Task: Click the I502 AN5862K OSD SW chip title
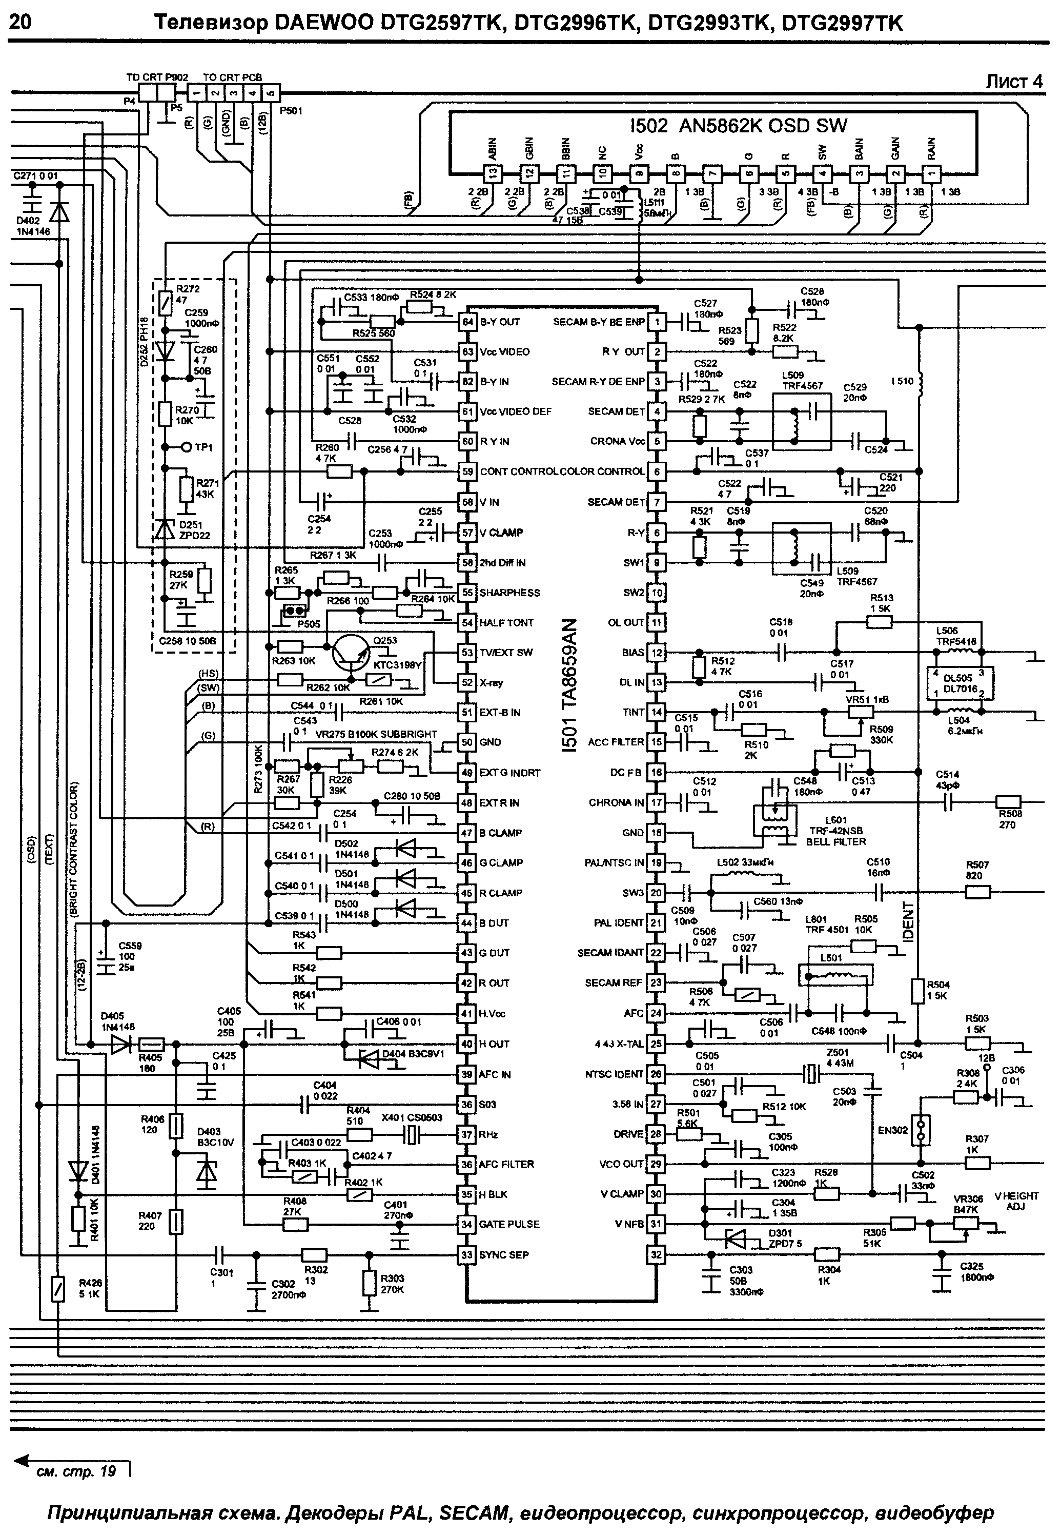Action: (x=738, y=126)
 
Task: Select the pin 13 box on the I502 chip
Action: (x=493, y=175)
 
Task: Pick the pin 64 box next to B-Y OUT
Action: (x=468, y=322)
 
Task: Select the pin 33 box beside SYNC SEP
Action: (x=468, y=1254)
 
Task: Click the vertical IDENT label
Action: (x=909, y=921)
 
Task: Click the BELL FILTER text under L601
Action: (x=835, y=841)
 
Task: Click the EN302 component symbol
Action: (x=920, y=1130)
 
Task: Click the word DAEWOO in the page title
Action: (x=320, y=23)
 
